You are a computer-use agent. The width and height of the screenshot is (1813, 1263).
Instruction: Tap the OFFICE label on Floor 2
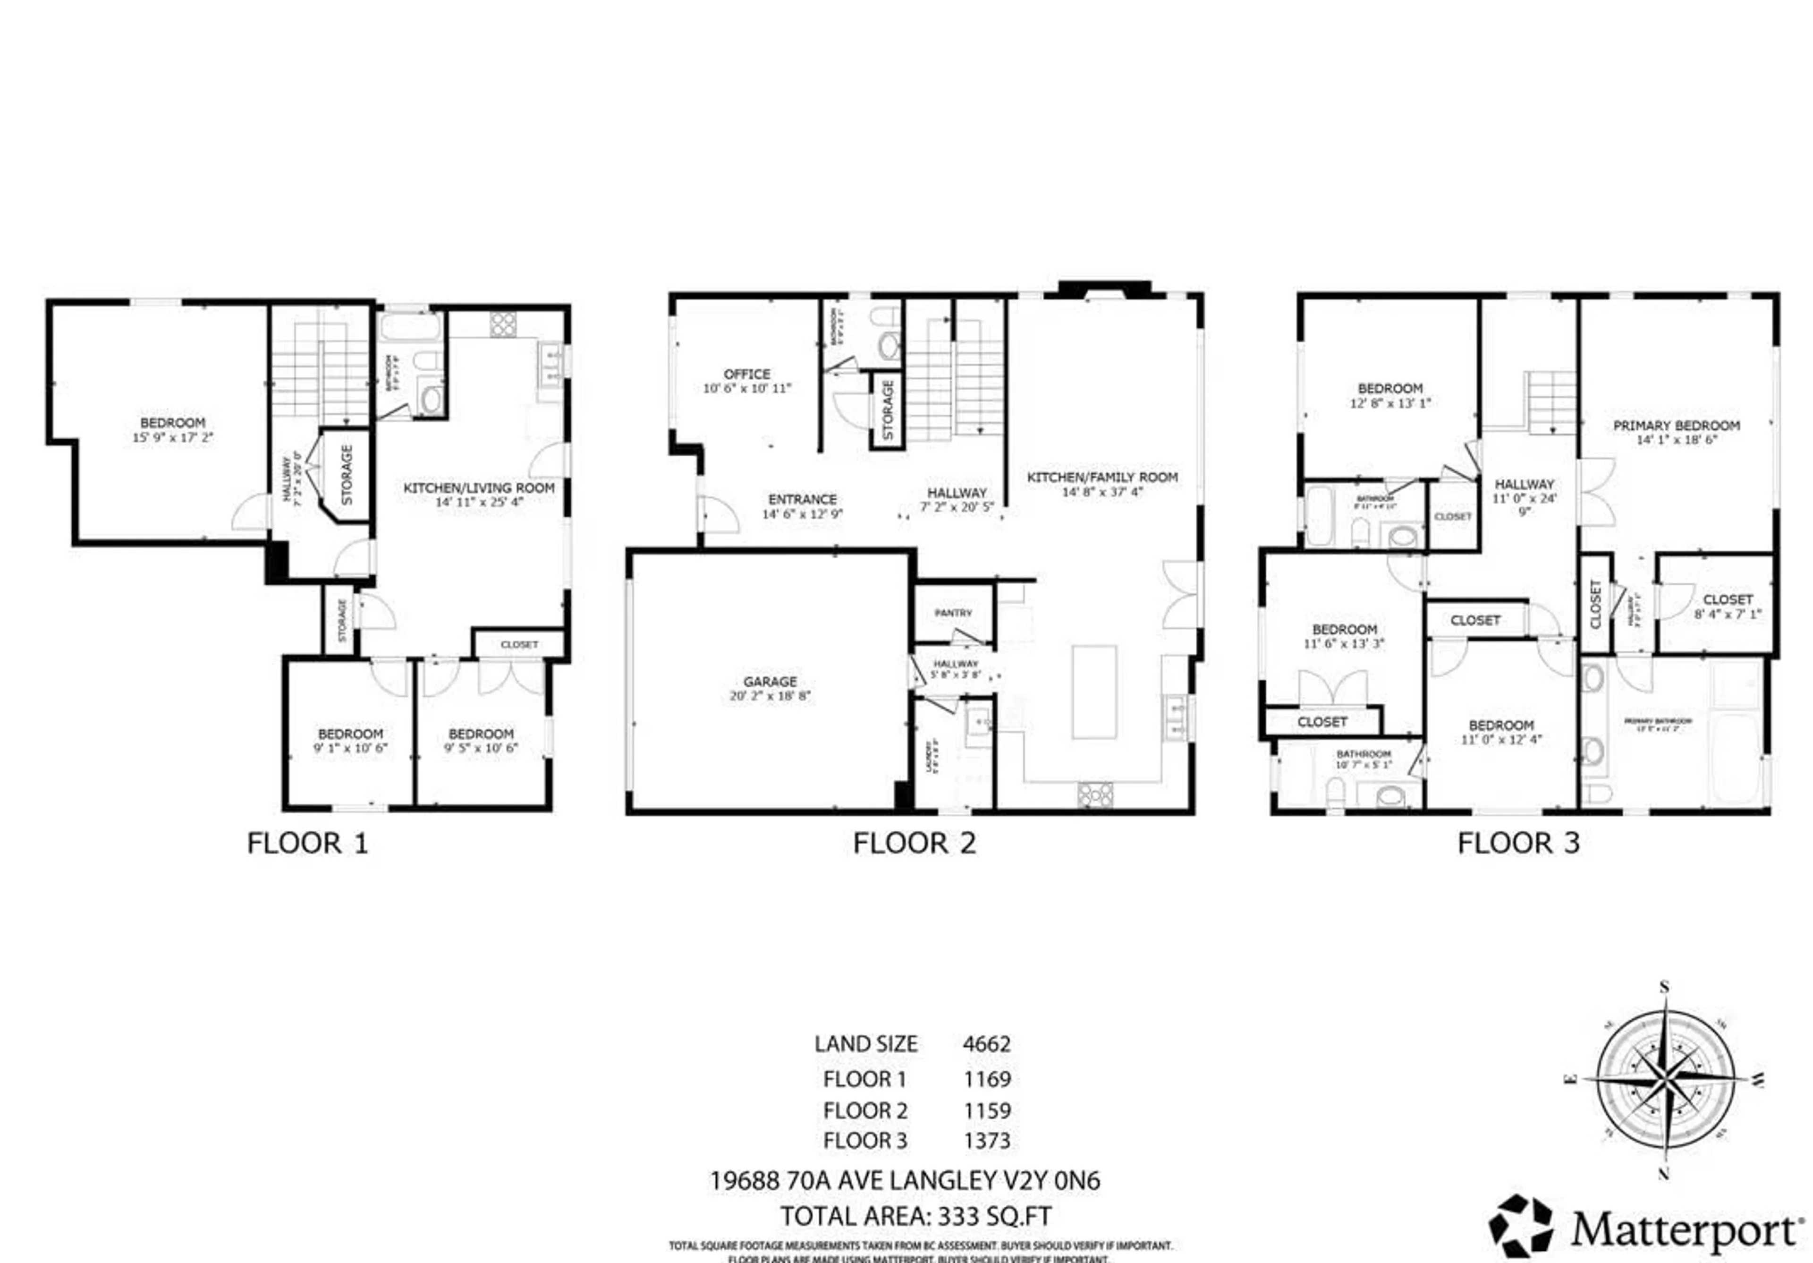coord(747,374)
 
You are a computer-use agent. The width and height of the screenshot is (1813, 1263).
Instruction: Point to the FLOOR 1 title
coord(307,844)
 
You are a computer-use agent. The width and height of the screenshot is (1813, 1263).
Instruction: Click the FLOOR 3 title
coord(1517,844)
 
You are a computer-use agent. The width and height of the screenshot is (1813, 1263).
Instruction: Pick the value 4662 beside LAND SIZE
coord(986,1044)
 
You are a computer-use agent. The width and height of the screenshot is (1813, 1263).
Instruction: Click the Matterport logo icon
coord(1520,1227)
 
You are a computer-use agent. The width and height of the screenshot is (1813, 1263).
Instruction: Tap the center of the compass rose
coord(1665,1080)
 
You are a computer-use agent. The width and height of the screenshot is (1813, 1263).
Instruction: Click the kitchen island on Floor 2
coord(1093,692)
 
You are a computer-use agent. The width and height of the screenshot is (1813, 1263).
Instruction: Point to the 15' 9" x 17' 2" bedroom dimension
coord(173,437)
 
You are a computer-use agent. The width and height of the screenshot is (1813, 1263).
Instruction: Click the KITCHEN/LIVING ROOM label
coord(479,488)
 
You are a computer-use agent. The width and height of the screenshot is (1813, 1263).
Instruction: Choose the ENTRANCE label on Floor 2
coord(802,499)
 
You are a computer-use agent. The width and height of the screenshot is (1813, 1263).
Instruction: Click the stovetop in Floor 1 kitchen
coord(503,324)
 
